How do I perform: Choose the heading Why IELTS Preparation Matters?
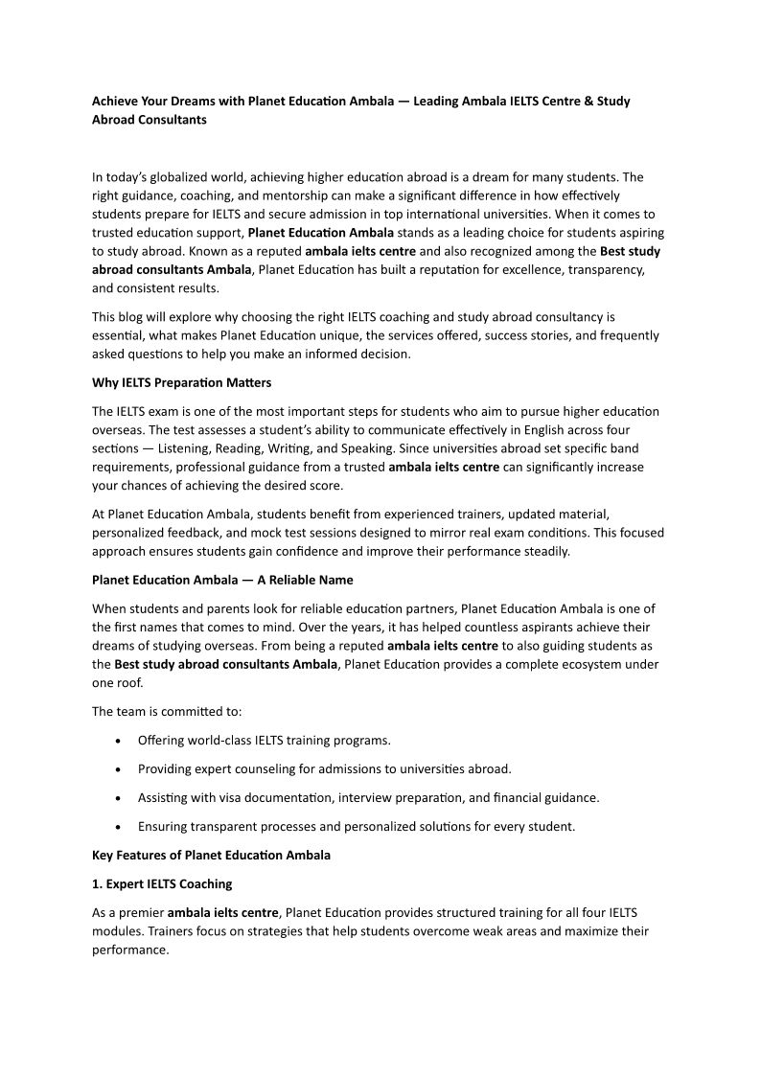pos(182,383)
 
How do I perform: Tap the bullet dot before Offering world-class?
pos(117,741)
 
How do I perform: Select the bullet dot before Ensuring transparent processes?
pos(117,826)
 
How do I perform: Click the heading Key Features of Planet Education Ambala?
pos(211,855)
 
